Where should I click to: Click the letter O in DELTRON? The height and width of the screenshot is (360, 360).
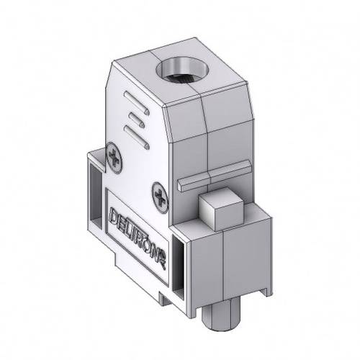coord(150,240)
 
